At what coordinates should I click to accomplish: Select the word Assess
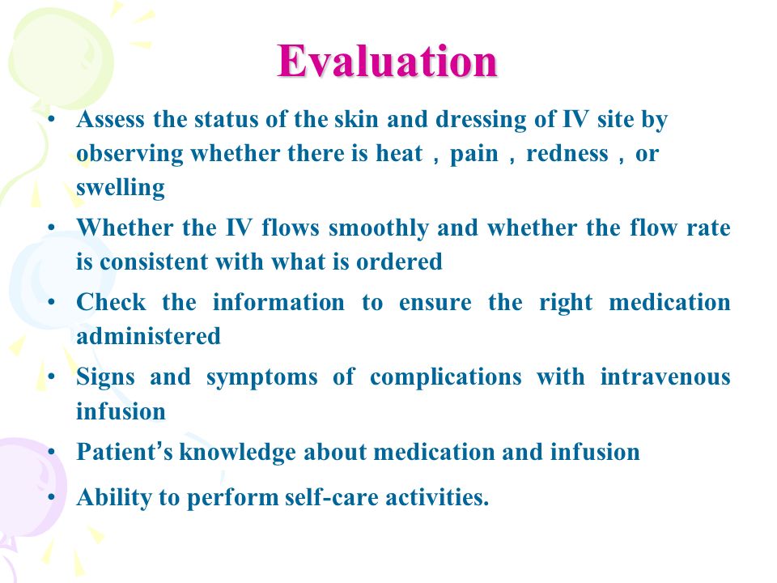111,120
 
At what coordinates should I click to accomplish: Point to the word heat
399,153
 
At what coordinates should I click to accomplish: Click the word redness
567,153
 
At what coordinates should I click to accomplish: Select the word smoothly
379,229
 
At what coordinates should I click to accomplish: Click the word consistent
154,262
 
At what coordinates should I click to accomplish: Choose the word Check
112,302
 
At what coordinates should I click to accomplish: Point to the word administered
148,336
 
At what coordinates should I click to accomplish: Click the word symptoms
261,378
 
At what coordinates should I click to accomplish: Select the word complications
445,378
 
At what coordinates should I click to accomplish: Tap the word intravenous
665,377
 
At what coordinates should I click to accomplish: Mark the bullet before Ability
52,496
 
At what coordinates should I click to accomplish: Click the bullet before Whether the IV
52,228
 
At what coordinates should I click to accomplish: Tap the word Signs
105,378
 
